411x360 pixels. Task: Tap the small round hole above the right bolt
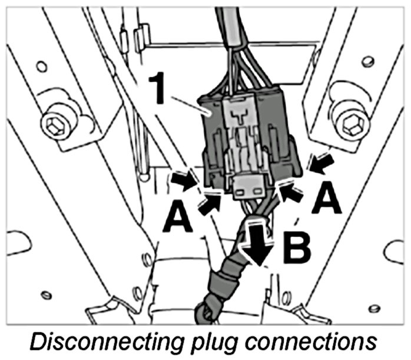pyautogui.click(x=367, y=61)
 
